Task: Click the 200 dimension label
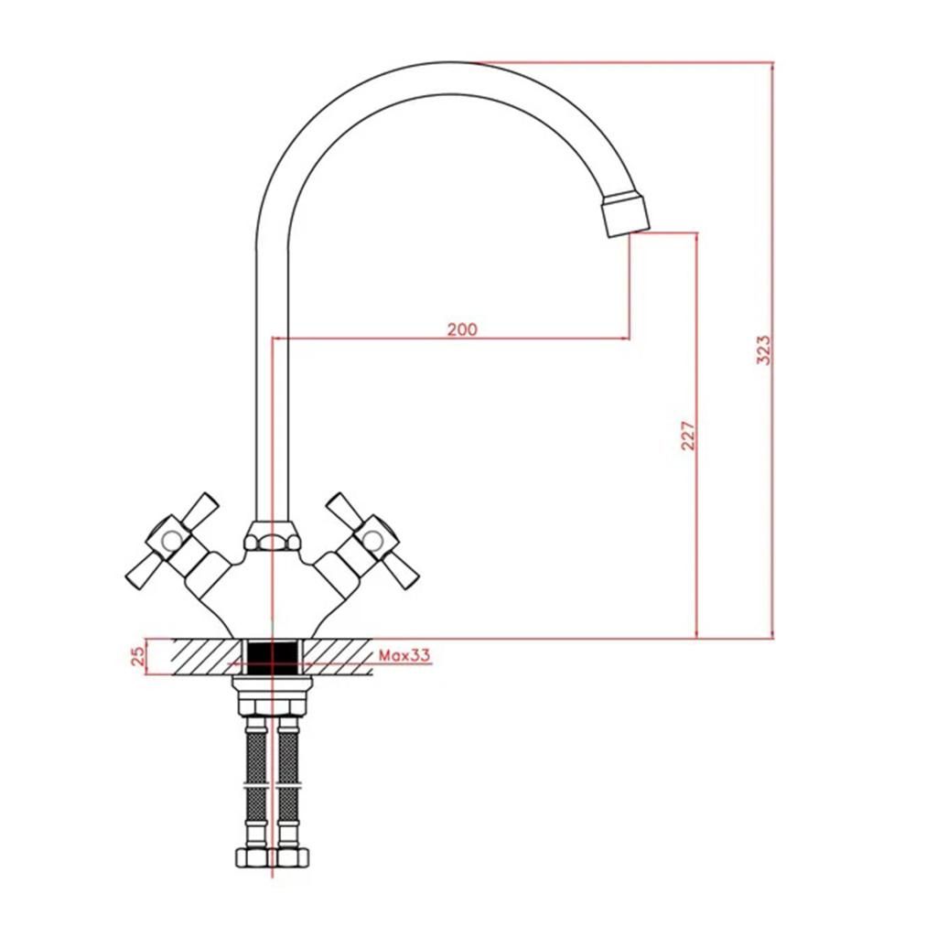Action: [x=462, y=328]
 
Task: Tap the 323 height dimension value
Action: [x=764, y=350]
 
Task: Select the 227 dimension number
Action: [x=688, y=436]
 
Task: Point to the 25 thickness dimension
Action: [x=138, y=656]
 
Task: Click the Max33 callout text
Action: [x=404, y=655]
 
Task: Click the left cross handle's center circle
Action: [x=172, y=540]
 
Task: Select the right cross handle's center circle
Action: [x=373, y=540]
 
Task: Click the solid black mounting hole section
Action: [x=273, y=658]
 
